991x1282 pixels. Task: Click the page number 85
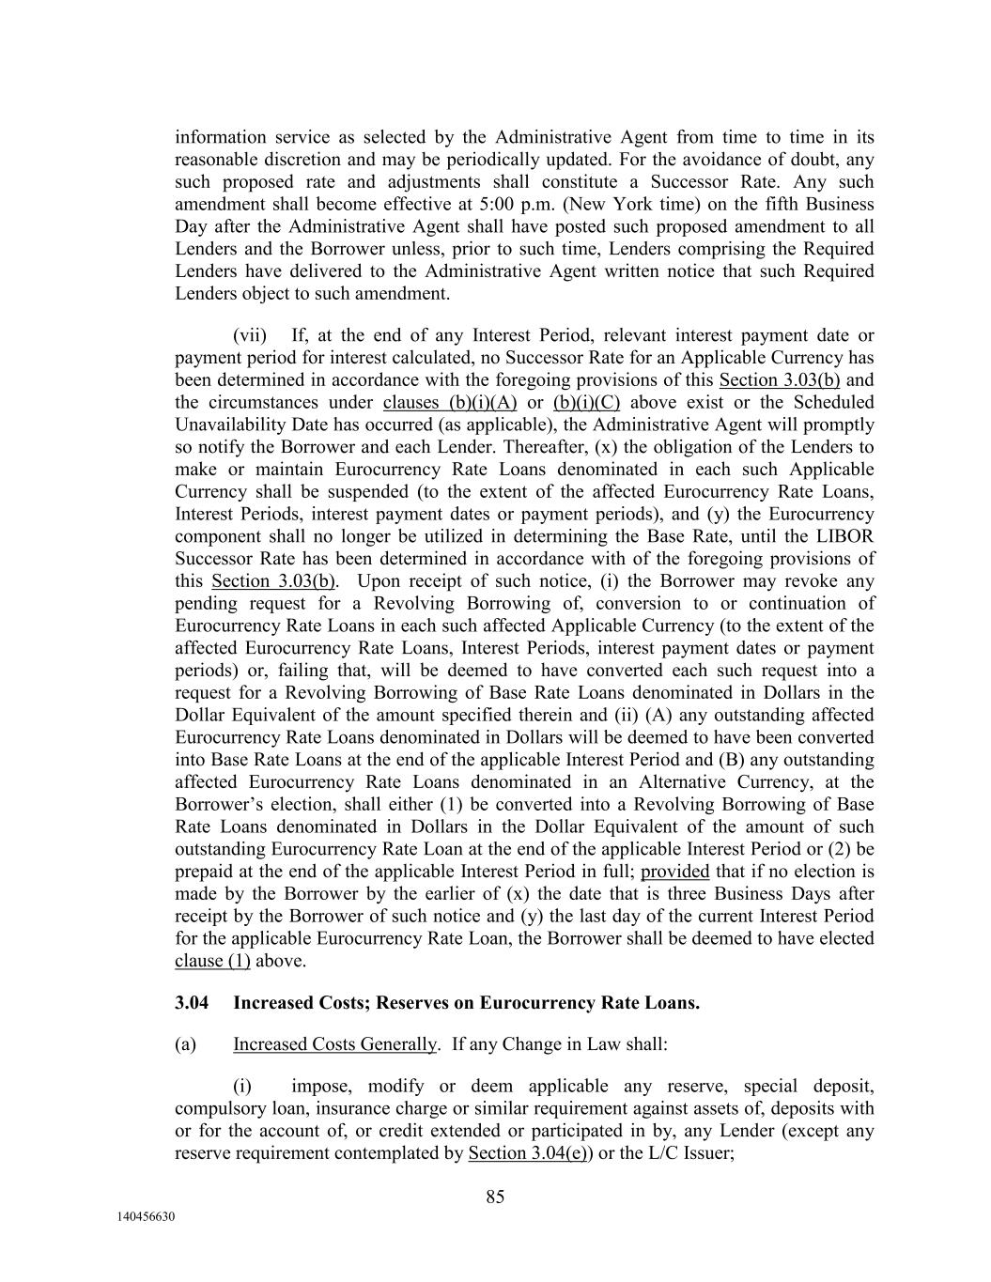click(x=495, y=1197)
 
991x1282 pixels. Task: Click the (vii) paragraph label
click(x=250, y=335)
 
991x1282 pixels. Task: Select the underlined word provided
click(x=674, y=872)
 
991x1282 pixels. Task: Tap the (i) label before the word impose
click(x=242, y=1087)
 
